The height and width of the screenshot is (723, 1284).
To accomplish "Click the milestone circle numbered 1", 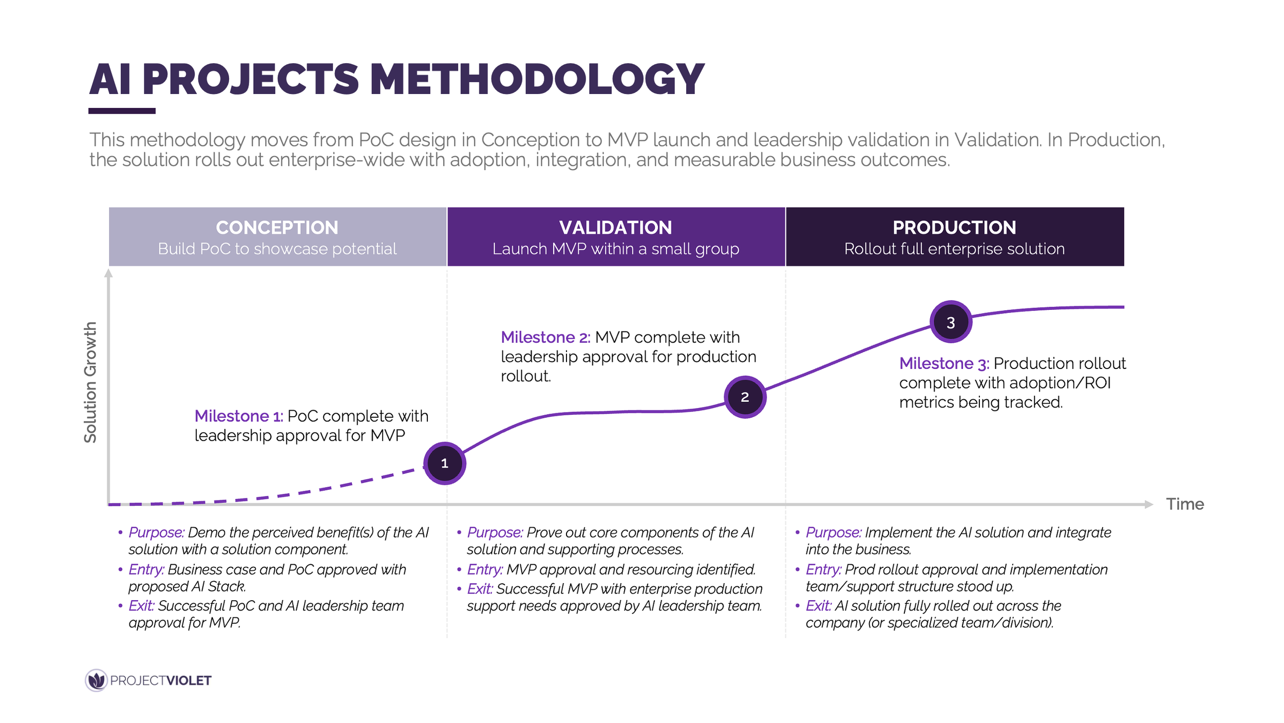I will click(445, 464).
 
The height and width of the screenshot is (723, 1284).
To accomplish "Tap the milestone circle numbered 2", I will click(745, 397).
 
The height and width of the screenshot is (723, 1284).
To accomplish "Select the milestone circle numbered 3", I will click(951, 322).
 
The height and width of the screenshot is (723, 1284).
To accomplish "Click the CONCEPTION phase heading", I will click(277, 228).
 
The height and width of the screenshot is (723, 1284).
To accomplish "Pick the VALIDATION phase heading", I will click(615, 228).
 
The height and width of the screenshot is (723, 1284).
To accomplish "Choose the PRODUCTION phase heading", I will click(954, 228).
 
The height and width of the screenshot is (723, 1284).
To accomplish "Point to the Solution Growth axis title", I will click(90, 382).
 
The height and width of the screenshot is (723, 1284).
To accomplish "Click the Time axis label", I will click(1185, 504).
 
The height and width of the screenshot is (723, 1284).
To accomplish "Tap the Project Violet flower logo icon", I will click(96, 680).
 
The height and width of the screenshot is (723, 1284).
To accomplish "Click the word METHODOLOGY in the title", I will click(537, 80).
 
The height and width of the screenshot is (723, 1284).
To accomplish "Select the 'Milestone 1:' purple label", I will click(239, 416).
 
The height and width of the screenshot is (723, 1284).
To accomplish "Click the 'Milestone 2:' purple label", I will click(545, 338).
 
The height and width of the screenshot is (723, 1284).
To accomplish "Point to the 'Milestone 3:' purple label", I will click(944, 364).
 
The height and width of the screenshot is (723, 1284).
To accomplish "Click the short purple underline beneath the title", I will click(122, 111).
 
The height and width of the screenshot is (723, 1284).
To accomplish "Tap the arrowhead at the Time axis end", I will click(1149, 505).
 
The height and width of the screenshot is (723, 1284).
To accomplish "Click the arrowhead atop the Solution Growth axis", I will click(108, 273).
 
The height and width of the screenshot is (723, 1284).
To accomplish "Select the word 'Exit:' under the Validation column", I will click(480, 589).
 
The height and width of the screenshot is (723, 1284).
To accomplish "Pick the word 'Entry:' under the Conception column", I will click(146, 569).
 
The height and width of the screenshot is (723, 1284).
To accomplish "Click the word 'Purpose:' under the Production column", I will click(833, 532).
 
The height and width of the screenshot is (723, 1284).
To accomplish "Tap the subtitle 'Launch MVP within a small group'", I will click(615, 249).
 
